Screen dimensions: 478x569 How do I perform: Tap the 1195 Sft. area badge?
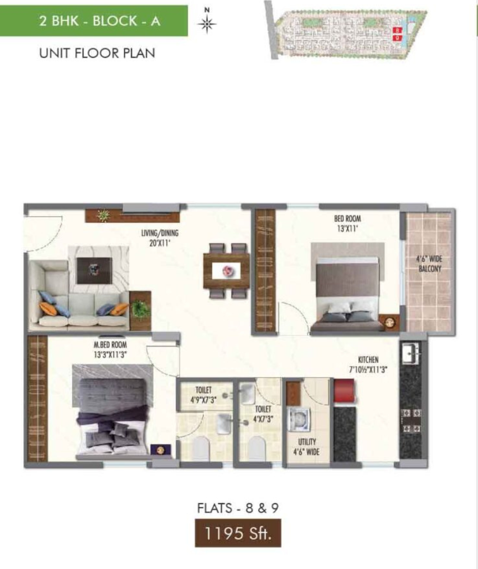tap(238, 533)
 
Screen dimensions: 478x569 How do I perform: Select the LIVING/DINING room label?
tap(159, 238)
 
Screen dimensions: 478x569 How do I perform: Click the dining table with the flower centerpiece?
tap(226, 271)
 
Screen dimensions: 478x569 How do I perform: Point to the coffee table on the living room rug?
tap(94, 271)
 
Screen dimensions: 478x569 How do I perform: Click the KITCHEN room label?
tap(368, 365)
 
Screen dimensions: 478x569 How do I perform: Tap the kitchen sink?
tap(411, 353)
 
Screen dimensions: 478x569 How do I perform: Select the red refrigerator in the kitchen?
tap(344, 390)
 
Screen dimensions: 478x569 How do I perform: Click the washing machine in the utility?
tap(299, 420)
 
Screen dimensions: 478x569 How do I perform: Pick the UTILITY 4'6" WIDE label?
tap(306, 447)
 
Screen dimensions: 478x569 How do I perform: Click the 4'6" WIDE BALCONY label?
tap(429, 264)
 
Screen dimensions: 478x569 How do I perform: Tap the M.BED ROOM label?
tap(110, 349)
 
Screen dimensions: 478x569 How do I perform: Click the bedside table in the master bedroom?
tap(160, 451)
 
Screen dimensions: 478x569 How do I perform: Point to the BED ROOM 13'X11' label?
tap(347, 224)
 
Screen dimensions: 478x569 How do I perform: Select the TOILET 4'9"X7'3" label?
tap(204, 395)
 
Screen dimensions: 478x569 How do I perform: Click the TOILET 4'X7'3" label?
tap(263, 414)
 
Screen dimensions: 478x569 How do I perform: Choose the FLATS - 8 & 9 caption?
tap(238, 508)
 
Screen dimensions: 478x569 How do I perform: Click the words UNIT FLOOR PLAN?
tap(97, 53)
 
